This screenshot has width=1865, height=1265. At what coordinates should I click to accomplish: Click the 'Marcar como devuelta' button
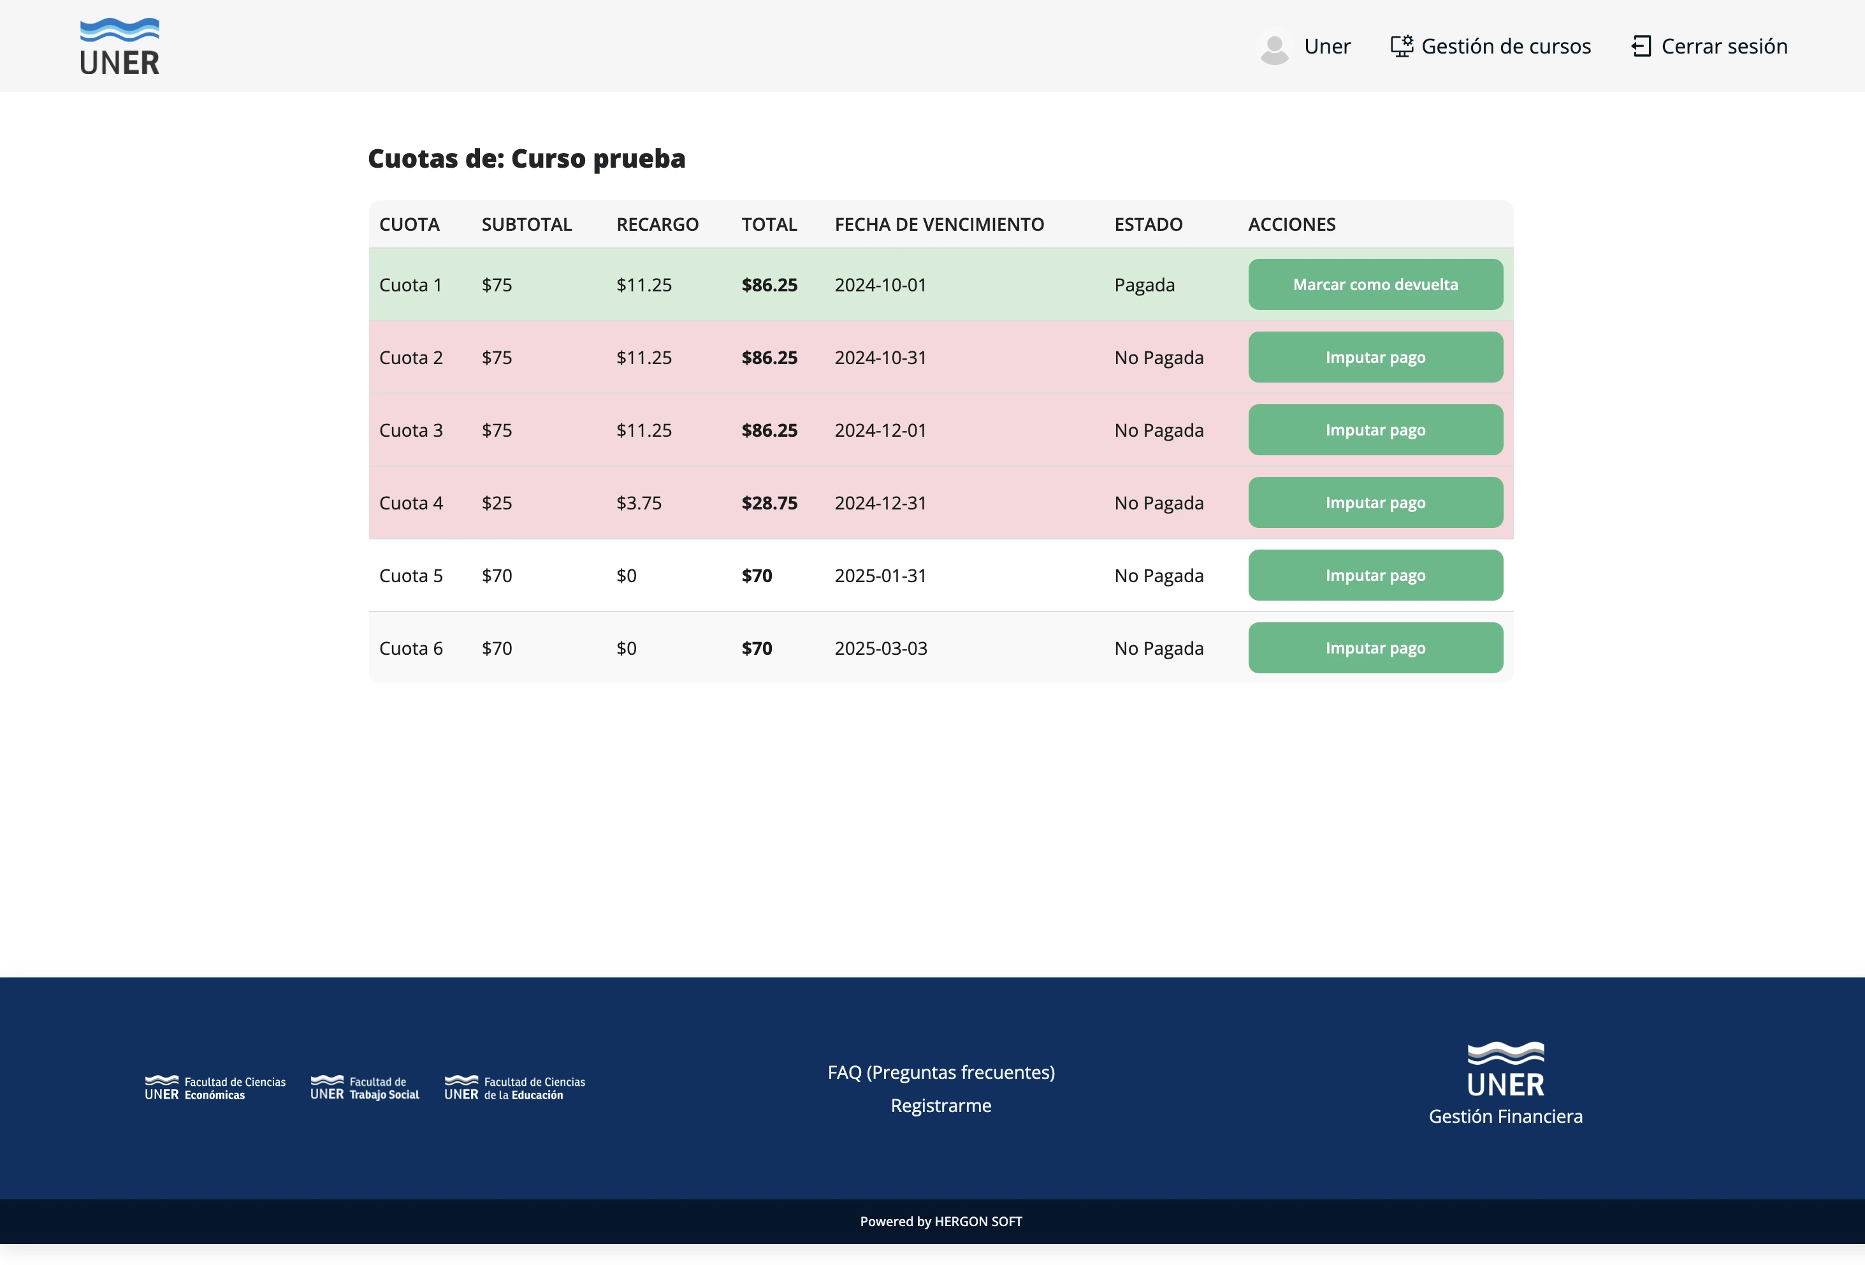click(1375, 284)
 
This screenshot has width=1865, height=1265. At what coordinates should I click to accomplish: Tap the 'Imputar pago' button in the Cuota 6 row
click(1375, 648)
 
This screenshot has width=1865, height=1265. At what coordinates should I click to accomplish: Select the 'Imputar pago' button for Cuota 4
click(1375, 502)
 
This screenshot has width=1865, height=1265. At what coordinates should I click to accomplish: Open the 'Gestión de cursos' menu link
click(1490, 47)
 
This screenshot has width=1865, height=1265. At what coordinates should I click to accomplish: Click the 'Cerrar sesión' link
click(1709, 47)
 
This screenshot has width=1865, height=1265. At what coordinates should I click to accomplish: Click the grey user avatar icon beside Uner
click(1274, 48)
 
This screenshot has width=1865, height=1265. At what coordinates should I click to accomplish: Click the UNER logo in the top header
click(120, 47)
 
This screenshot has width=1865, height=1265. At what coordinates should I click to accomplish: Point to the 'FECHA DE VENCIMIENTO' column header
click(939, 224)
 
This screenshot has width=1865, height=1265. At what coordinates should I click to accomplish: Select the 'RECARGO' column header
click(657, 224)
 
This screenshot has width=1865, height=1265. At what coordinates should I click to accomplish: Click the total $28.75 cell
click(769, 503)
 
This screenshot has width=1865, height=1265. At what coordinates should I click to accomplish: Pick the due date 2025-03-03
click(880, 648)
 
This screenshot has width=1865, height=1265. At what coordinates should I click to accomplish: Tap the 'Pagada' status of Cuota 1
click(1144, 285)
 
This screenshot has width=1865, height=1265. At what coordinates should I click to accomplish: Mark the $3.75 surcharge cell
click(639, 503)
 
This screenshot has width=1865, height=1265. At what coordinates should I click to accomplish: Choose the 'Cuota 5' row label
click(411, 576)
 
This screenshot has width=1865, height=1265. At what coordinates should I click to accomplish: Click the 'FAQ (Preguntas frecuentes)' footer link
click(941, 1072)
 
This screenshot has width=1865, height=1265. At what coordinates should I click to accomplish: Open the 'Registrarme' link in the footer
click(941, 1105)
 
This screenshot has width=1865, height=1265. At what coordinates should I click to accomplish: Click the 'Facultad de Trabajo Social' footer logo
click(365, 1088)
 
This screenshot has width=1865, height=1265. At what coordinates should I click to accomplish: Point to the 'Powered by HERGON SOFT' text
click(941, 1221)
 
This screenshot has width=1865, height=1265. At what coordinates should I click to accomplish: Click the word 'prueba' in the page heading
click(638, 159)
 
